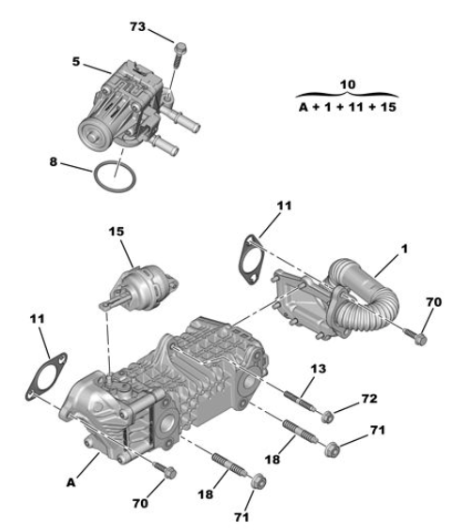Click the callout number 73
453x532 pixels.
pyautogui.click(x=137, y=27)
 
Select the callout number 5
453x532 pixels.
pyautogui.click(x=76, y=62)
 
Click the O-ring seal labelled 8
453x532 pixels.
pyautogui.click(x=115, y=176)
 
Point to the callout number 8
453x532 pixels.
pyautogui.click(x=53, y=161)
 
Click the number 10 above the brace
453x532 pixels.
pyautogui.click(x=348, y=84)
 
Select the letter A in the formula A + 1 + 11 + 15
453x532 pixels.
pyautogui.click(x=304, y=107)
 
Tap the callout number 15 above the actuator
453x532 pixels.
pyautogui.click(x=117, y=232)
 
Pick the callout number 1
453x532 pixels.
pyautogui.click(x=404, y=249)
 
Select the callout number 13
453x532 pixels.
pyautogui.click(x=318, y=369)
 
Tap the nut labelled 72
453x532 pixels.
pyautogui.click(x=327, y=416)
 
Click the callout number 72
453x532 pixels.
pyautogui.click(x=369, y=399)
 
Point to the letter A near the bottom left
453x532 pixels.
pyautogui.click(x=70, y=482)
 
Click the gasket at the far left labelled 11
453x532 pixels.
pyautogui.click(x=46, y=376)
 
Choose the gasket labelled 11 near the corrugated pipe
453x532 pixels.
pyautogui.click(x=251, y=260)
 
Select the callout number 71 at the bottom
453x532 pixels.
pyautogui.click(x=242, y=517)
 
